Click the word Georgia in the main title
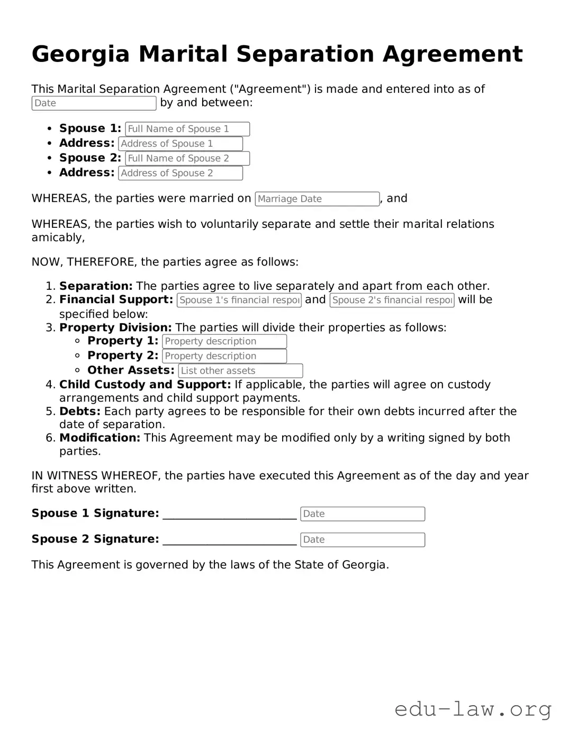pos(80,54)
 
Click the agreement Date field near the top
pos(94,103)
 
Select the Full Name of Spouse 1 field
pos(187,129)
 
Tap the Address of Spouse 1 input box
pos(180,144)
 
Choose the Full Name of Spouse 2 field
pos(187,158)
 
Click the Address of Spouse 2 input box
pos(180,173)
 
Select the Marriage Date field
pos(317,199)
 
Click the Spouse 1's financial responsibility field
pos(239,300)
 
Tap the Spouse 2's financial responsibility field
pos(392,300)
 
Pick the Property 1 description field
pos(224,341)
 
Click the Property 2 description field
pos(224,356)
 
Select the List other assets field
pos(240,371)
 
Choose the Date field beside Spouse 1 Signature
pos(363,514)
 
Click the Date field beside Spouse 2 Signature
pos(363,540)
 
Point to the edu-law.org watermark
pos(473,709)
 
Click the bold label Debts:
pos(80,412)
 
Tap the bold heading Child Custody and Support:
pos(145,385)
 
